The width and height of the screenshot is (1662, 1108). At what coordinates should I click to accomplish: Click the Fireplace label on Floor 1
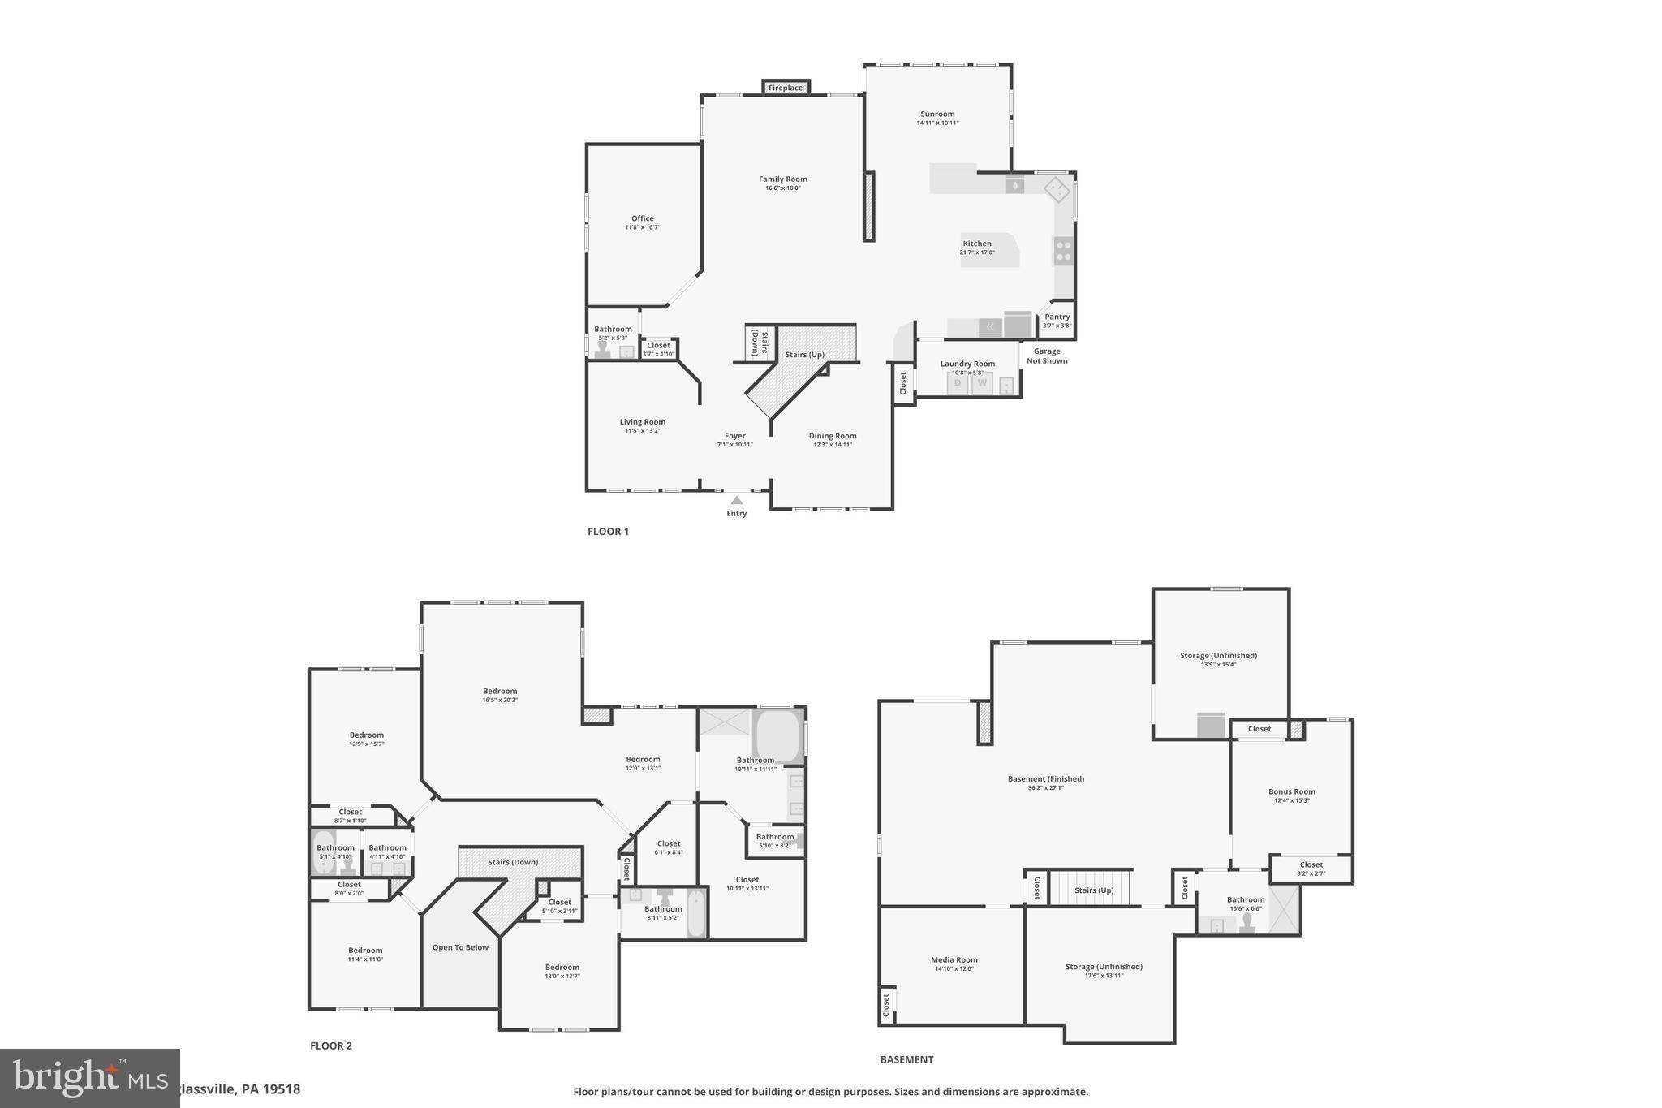click(x=785, y=88)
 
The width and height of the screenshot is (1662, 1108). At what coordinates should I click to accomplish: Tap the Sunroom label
click(x=937, y=114)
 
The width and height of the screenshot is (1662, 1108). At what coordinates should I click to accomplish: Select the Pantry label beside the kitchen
click(x=1057, y=317)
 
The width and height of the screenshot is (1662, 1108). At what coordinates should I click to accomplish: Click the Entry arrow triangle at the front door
click(x=737, y=500)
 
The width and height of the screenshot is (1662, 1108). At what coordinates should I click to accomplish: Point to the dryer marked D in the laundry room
click(x=958, y=383)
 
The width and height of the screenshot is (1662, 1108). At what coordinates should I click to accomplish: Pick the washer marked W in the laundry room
click(x=982, y=383)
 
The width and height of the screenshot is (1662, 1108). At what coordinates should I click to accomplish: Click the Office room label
click(x=642, y=218)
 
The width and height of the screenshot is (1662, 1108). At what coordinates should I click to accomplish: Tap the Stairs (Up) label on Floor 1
click(x=804, y=355)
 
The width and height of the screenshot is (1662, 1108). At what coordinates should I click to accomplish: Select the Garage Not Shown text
click(x=1047, y=356)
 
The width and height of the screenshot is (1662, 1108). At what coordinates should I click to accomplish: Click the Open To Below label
click(x=460, y=947)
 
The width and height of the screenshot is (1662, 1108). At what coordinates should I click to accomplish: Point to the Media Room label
click(x=954, y=959)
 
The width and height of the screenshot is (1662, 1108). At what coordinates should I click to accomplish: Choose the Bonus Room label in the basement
click(x=1291, y=791)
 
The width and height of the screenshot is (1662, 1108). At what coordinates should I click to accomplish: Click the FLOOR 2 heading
click(x=331, y=1045)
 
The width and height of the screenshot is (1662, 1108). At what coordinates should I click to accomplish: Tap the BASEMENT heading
click(x=906, y=1059)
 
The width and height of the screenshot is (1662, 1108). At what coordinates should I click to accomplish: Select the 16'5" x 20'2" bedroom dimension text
click(x=500, y=700)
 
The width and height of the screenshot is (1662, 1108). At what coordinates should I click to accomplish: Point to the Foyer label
click(x=734, y=436)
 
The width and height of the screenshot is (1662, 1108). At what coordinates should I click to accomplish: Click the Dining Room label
click(x=833, y=436)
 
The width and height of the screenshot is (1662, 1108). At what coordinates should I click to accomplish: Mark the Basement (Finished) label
click(x=1045, y=779)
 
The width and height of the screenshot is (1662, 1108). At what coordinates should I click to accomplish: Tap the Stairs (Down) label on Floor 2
click(x=513, y=862)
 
